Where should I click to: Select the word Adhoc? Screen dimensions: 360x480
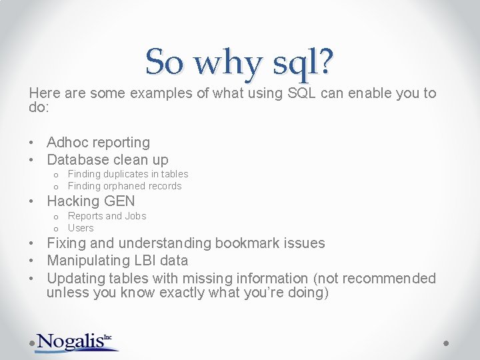[x=67, y=142]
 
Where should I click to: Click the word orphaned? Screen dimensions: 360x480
[x=125, y=186]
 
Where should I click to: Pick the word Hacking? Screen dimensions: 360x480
[x=73, y=201]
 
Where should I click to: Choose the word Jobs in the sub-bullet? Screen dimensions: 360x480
[x=135, y=216]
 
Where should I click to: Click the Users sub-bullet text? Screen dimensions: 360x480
[x=81, y=228]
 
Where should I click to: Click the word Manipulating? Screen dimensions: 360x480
[x=89, y=261]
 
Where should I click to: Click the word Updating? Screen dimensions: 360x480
[x=74, y=278]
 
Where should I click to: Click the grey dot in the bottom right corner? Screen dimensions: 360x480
[x=447, y=343]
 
